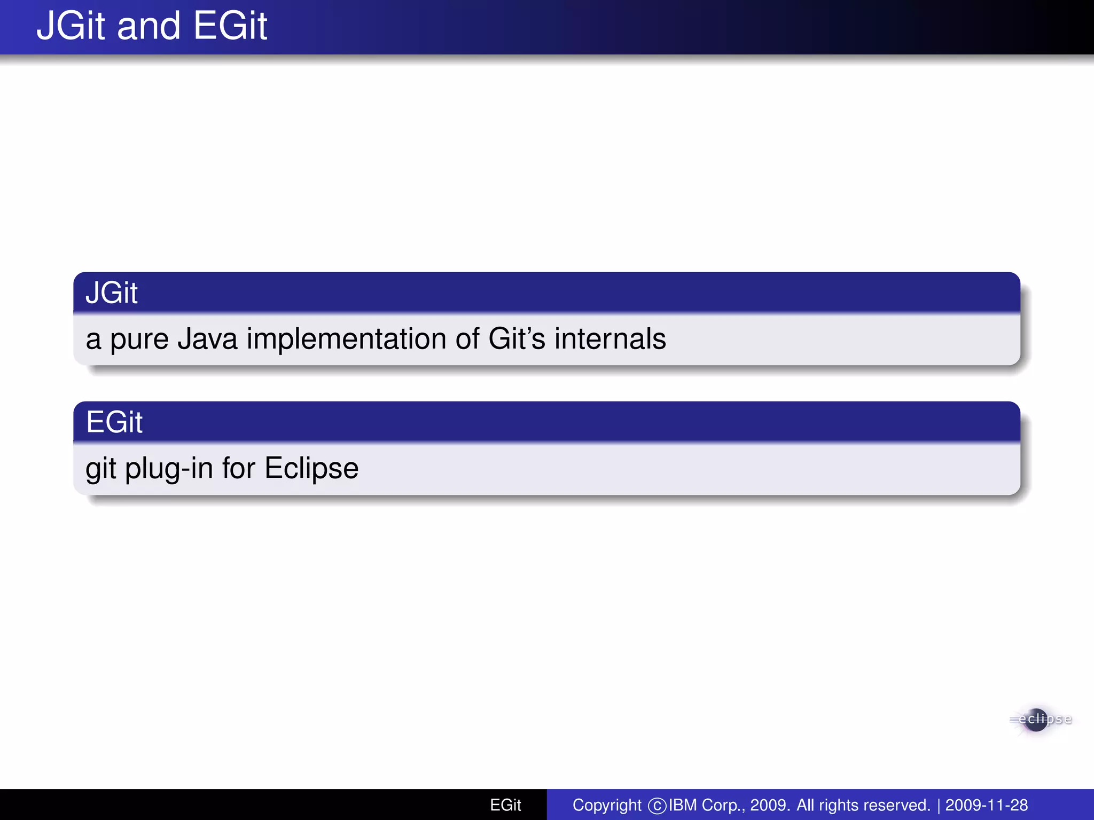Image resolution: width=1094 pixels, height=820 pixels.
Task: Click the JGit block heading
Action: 112,293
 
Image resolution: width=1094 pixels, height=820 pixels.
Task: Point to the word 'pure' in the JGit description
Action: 139,340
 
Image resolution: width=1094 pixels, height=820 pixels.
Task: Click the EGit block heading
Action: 114,422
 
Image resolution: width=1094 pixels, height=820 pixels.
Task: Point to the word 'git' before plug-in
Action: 100,469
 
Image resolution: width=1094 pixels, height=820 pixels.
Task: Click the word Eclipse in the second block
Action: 311,469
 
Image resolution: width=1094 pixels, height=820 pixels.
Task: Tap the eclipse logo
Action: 1040,720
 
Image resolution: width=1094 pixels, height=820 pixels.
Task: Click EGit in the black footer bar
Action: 505,805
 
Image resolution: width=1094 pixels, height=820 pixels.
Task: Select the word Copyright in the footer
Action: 607,805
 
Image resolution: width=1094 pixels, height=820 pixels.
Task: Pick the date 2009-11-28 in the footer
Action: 986,805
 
